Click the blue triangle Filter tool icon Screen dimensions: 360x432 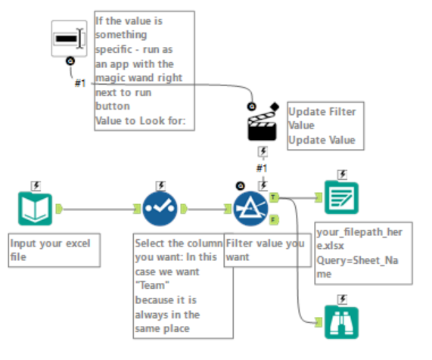tap(251, 208)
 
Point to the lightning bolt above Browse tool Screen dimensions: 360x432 tap(342, 298)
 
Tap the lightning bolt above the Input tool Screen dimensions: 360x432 tap(36, 185)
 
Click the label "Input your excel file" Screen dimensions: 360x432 tap(53, 250)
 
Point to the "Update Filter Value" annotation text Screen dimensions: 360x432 tap(321, 119)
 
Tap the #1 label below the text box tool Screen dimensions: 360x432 tap(80, 82)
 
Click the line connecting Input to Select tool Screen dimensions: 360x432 tap(98, 208)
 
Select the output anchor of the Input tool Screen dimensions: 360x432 tap(58, 208)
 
